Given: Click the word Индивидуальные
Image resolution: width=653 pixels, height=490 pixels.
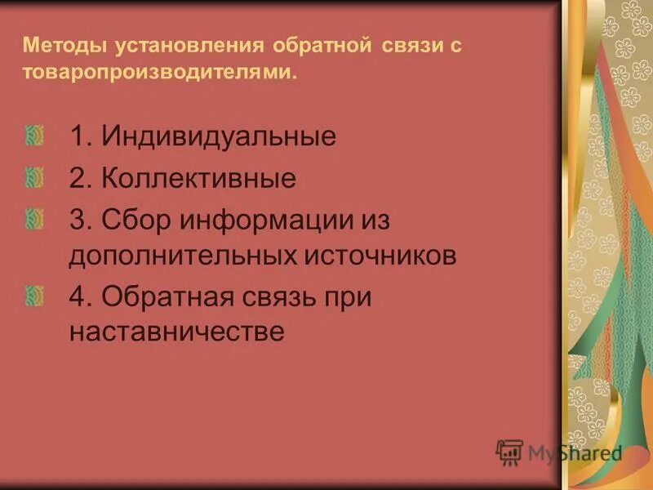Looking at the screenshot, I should coord(219,136).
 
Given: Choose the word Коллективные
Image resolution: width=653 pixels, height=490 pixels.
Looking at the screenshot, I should coord(198,178).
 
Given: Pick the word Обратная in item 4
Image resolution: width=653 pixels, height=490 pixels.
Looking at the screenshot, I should coord(169,297).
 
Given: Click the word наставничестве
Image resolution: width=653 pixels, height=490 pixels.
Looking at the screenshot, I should coord(176,332).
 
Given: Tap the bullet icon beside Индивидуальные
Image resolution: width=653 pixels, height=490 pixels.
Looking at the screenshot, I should coord(34,136).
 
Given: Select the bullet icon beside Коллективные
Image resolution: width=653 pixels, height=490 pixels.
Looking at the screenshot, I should coord(34,177).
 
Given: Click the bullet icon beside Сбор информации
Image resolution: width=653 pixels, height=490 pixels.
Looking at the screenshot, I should coord(34,219).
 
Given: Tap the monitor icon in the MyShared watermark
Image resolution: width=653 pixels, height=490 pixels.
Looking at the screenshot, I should coord(509,452).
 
